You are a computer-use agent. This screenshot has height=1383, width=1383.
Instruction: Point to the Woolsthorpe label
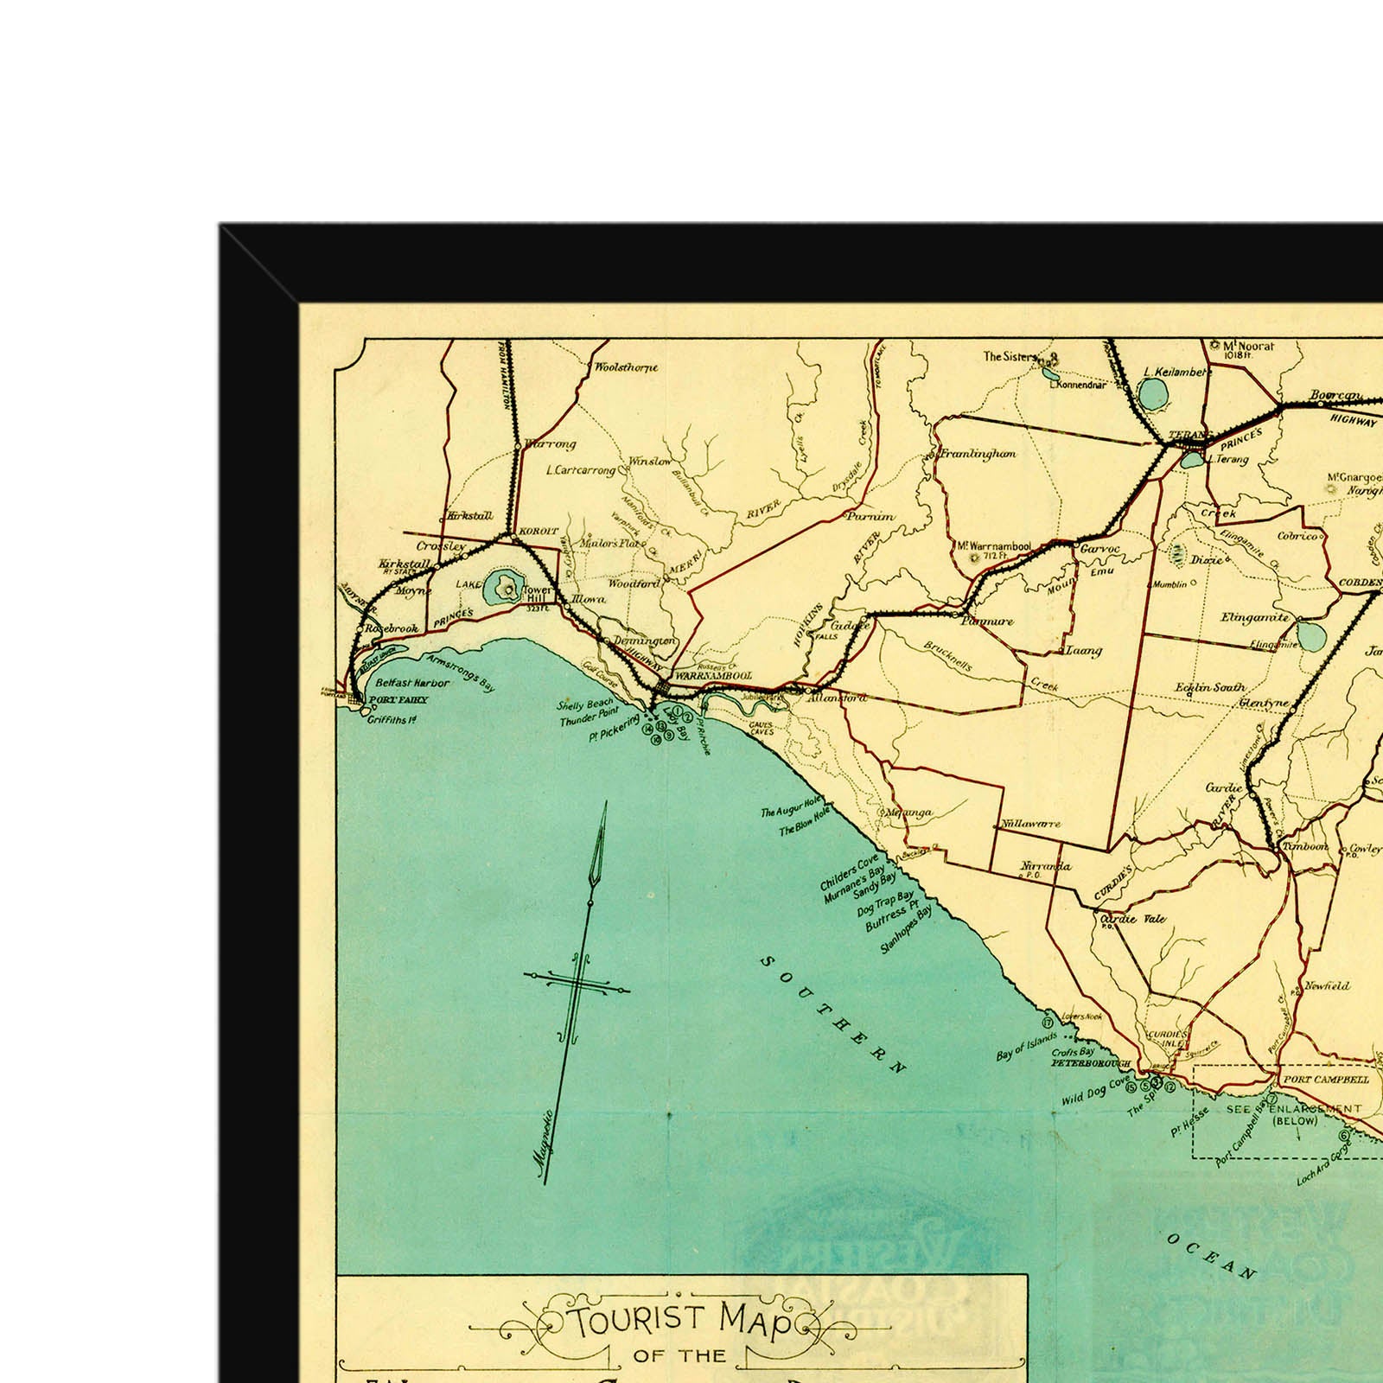(x=626, y=367)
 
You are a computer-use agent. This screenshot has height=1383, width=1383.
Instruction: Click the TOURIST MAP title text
(x=679, y=1323)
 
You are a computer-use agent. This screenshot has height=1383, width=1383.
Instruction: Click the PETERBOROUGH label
(x=1090, y=1064)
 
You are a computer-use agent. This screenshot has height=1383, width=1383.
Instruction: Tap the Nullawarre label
(x=1029, y=825)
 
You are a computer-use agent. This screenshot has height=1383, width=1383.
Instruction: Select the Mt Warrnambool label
(x=994, y=547)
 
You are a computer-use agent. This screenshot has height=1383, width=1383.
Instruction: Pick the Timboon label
(x=1304, y=846)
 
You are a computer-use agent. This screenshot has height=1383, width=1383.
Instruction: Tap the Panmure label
(x=987, y=621)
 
